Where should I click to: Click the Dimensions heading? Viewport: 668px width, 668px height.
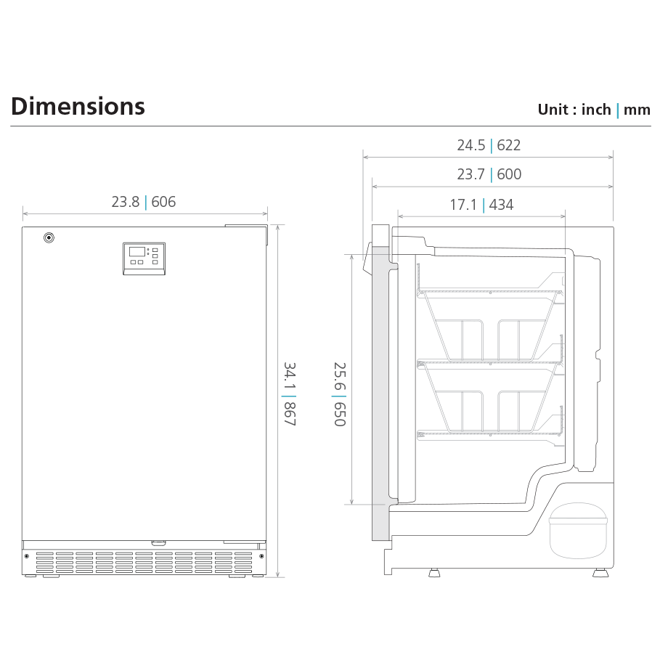pos(78,107)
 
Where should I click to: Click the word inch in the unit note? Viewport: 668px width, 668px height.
pos(596,110)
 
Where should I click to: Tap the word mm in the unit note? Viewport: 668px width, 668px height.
pos(637,110)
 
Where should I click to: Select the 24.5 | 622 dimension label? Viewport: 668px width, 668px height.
pos(489,145)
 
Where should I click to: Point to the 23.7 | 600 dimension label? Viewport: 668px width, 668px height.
pos(489,174)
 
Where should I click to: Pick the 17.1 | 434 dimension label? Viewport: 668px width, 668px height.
pos(481,205)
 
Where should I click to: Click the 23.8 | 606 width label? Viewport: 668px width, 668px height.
pos(144,202)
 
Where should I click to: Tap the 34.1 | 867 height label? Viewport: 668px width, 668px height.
pos(290,394)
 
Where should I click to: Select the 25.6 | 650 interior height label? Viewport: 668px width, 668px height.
pos(340,394)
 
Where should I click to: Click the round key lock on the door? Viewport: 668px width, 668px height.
pos(49,237)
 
